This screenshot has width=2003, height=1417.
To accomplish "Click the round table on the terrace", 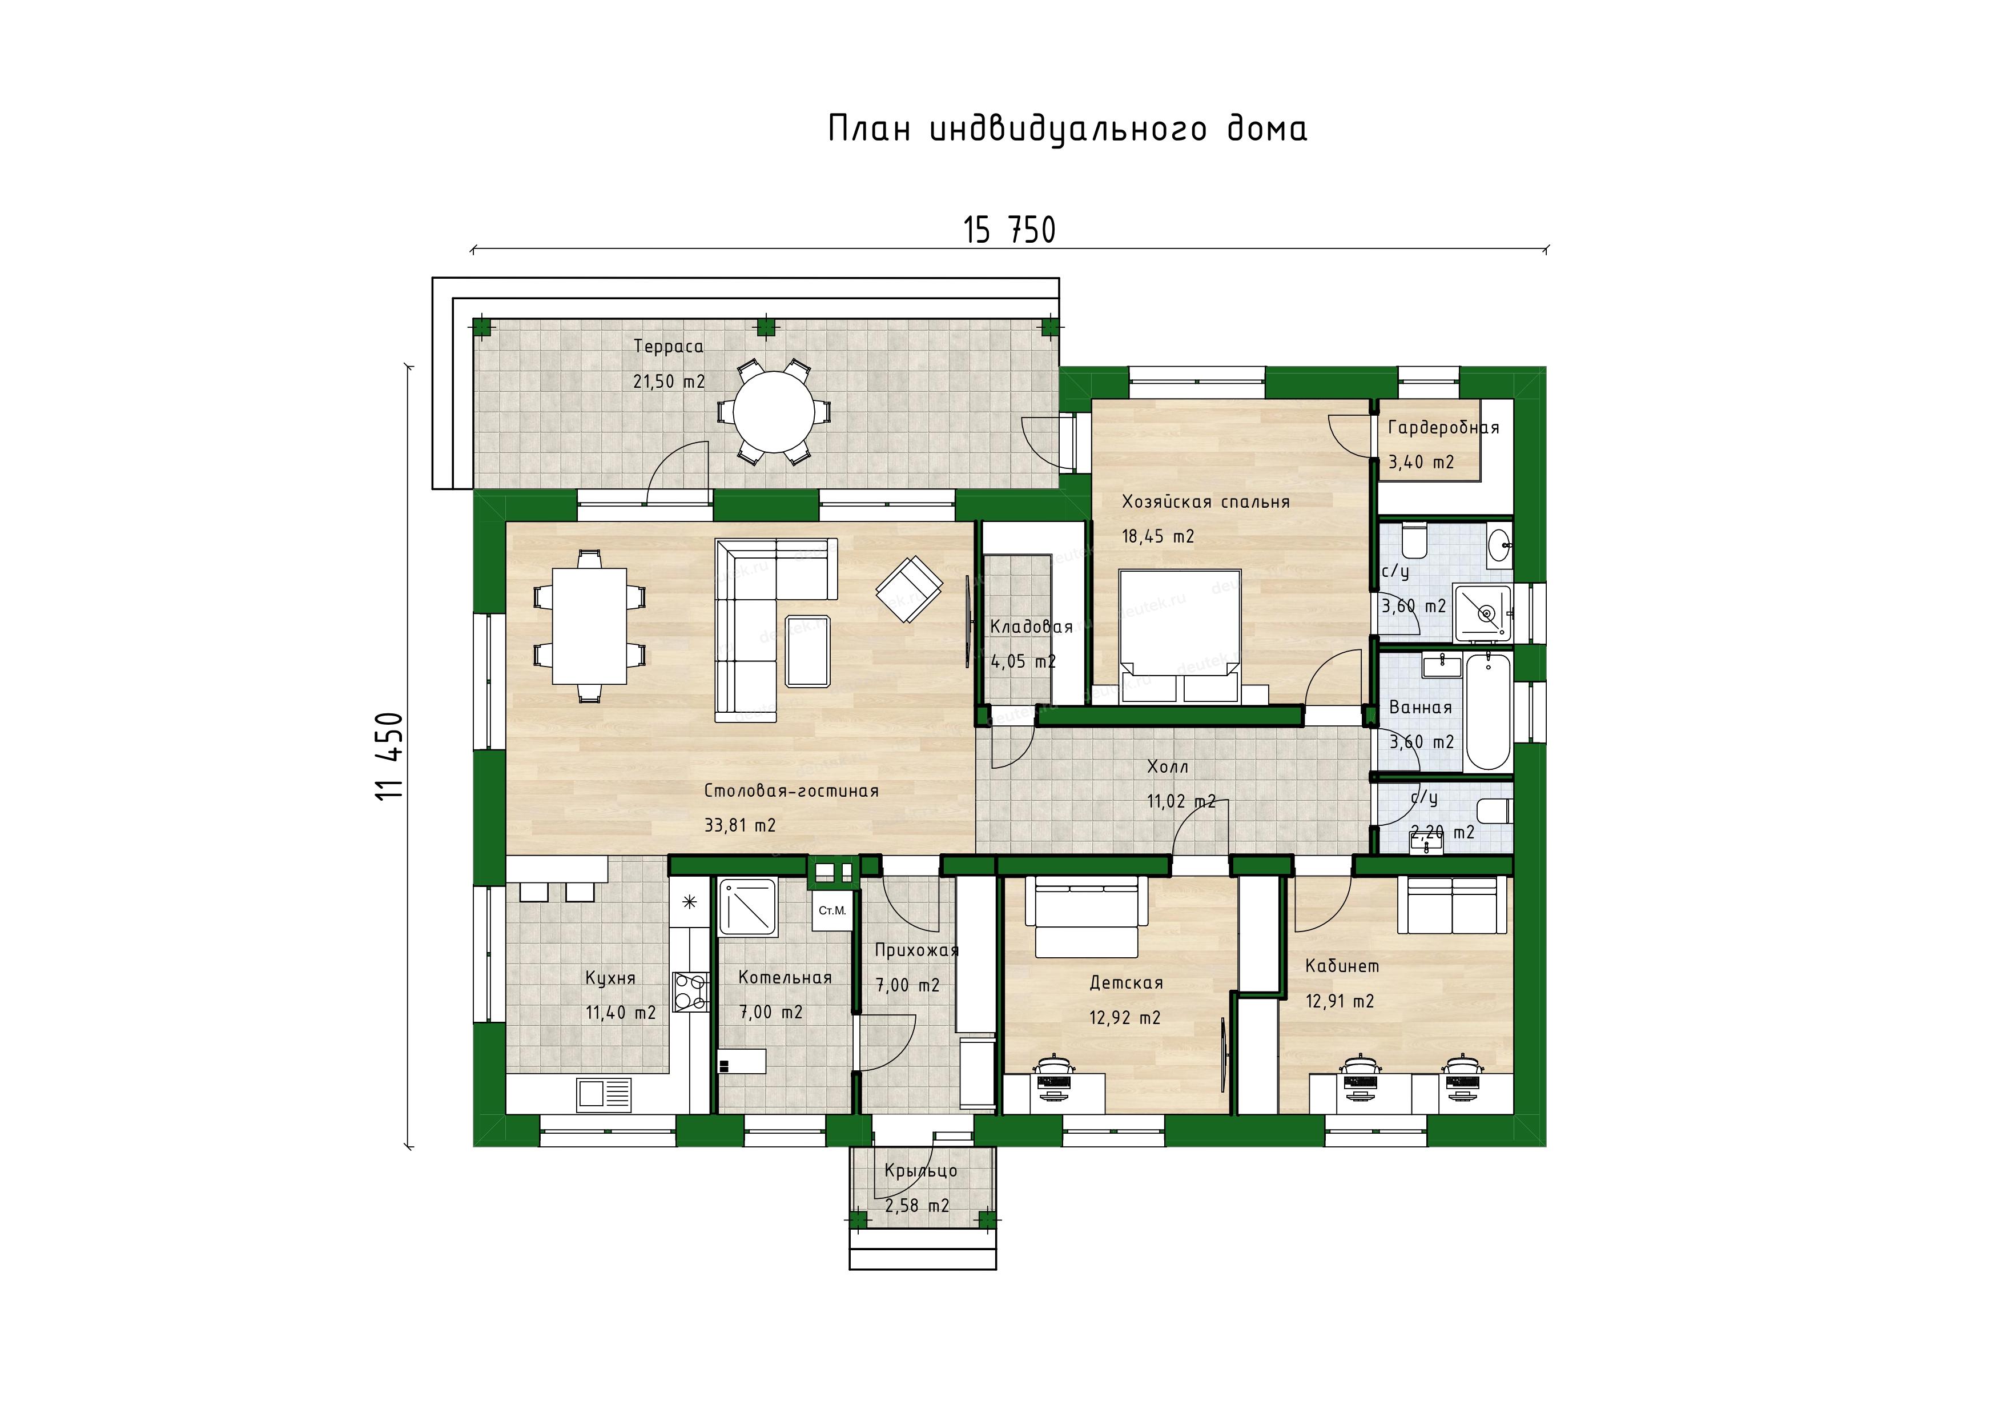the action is (774, 411).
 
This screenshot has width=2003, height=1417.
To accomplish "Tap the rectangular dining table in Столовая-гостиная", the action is (589, 627).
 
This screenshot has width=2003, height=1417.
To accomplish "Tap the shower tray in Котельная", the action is (747, 908).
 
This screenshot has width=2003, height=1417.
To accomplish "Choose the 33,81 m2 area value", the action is (740, 825).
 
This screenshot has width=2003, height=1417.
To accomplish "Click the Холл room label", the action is (1167, 767).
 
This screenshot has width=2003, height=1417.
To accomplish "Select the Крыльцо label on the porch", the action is (920, 1171).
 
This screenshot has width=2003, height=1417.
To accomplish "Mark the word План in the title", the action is (869, 129).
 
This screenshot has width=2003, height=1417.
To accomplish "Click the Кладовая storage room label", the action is (1031, 627).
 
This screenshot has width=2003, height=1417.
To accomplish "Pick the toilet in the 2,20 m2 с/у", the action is (1494, 810).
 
